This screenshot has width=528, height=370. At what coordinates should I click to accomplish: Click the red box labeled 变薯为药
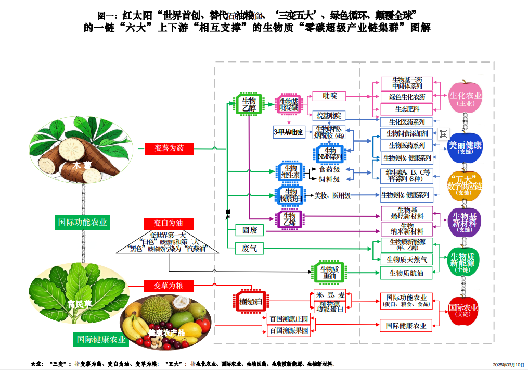coord(169,149)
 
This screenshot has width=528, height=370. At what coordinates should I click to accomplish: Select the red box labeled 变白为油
coord(168,223)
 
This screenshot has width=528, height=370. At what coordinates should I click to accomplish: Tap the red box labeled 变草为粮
coord(168,285)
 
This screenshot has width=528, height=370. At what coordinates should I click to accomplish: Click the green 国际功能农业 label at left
coord(83,222)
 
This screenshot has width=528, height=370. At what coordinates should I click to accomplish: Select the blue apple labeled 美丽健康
coord(465,147)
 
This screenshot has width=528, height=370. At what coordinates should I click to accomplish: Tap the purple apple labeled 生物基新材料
coord(465,222)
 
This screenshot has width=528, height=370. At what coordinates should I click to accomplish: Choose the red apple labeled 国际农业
coord(463,310)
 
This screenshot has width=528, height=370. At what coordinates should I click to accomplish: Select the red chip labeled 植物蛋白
coord(251,302)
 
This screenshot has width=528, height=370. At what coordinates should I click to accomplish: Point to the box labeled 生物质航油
coord(406,273)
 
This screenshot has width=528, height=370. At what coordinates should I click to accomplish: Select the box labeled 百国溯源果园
coord(288,330)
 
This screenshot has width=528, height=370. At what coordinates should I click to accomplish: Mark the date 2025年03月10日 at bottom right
coord(508,364)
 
